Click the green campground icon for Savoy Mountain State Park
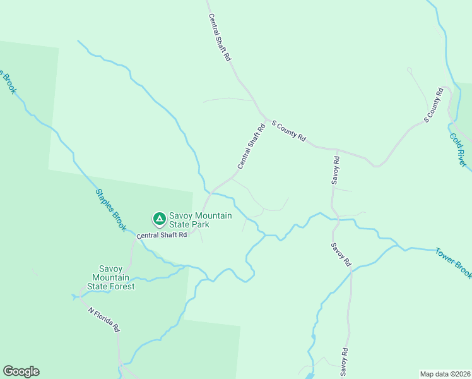coord(160,219)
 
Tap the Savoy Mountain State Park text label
coord(200,220)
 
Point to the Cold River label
coord(459,150)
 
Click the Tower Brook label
coord(453,263)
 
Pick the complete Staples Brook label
coord(111,210)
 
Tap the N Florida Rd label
coord(103,320)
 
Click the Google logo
coord(21,371)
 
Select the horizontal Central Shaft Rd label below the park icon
coord(162,235)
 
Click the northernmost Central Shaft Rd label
coord(219,37)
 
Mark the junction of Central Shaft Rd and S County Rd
coord(264,118)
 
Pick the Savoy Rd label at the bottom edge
coord(345,361)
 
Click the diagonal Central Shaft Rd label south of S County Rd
coord(250,146)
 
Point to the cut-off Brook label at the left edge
coord(8,80)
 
